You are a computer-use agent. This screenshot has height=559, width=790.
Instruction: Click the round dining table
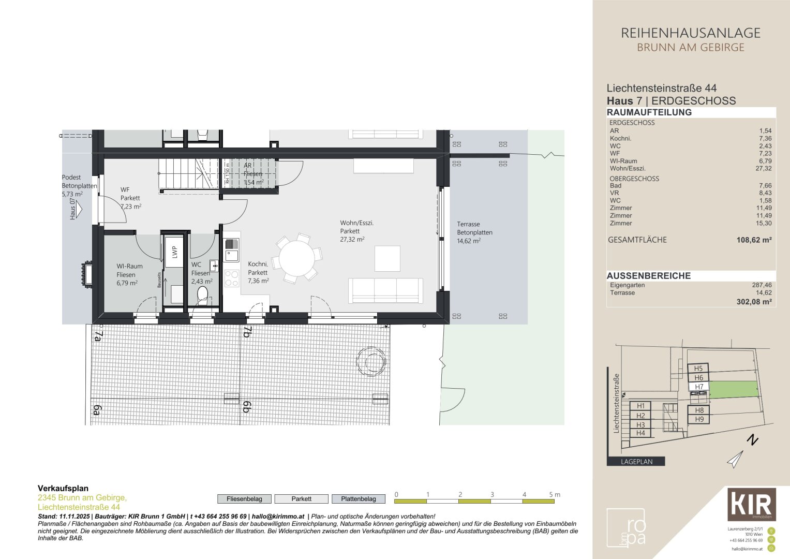pos(297,257)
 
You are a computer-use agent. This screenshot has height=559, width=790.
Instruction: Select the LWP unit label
pos(174,252)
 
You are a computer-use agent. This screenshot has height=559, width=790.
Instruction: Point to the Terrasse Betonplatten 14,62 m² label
pos(474,232)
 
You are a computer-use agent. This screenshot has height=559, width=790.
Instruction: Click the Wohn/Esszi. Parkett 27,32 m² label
pos(356,231)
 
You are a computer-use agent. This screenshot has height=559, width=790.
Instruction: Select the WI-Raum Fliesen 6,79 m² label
pos(129,275)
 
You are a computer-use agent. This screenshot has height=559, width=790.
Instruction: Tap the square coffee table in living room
pos(387,258)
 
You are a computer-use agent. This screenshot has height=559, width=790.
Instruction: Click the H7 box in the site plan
pos(698,387)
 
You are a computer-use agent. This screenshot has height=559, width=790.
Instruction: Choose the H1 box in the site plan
pos(640,406)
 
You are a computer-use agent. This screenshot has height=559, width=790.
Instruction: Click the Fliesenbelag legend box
pos(244,499)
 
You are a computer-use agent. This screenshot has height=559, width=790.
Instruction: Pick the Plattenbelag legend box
pos(359,499)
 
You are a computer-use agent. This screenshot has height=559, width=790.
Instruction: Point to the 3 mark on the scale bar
pos(492,495)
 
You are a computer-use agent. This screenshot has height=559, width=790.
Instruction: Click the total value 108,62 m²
pos(754,240)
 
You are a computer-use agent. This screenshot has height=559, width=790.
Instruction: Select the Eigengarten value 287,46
pos(762,285)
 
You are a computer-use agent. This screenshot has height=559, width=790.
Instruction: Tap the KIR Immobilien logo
pos(751,504)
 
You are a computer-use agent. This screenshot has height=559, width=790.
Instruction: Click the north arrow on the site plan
pos(736,459)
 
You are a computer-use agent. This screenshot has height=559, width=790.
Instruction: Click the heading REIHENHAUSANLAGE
pos(690,33)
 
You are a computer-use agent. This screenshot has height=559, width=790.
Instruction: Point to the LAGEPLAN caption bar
pos(636,462)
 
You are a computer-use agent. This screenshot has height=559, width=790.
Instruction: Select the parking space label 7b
pos(247,332)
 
